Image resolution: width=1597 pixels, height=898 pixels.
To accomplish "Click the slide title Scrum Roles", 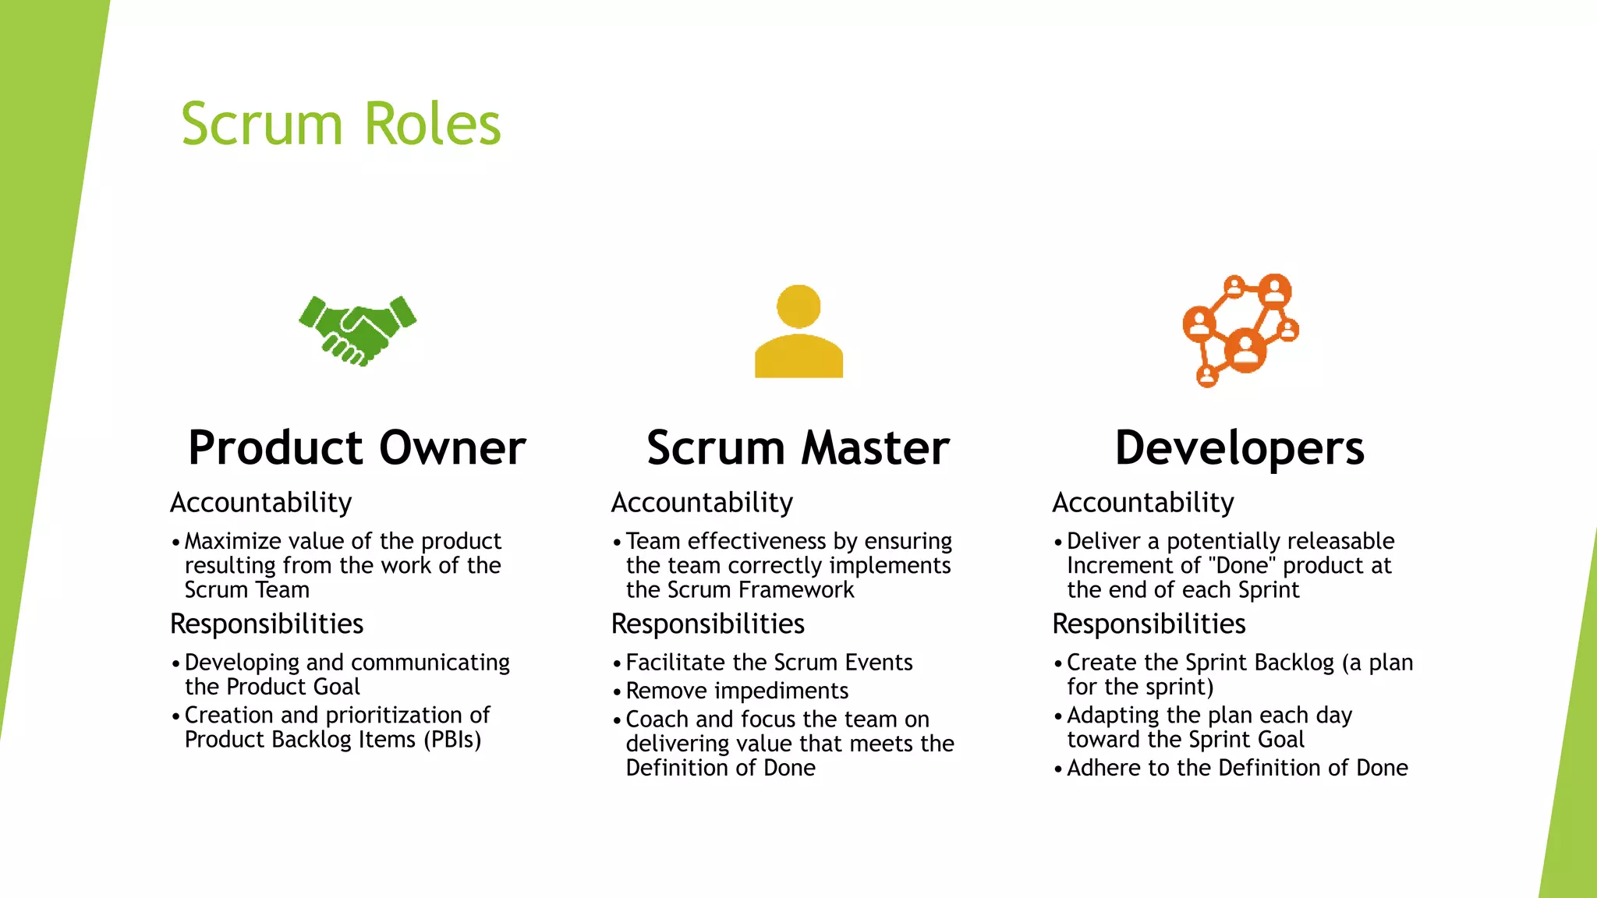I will tap(341, 124).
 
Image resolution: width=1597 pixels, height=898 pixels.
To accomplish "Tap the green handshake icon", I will tap(358, 331).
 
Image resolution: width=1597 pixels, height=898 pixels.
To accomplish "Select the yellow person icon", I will tap(798, 332).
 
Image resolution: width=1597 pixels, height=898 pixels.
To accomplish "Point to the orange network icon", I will tap(1241, 330).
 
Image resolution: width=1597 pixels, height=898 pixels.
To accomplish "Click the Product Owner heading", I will tap(357, 448).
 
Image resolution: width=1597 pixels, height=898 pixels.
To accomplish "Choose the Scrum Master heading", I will tap(798, 448).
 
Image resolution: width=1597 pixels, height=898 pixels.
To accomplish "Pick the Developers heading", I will tap(1240, 448).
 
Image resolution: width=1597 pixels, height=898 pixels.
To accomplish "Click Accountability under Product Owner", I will tap(260, 503).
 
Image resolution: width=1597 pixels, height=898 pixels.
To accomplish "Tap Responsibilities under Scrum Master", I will tap(707, 624).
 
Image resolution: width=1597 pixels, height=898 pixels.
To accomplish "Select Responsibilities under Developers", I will tap(1149, 624).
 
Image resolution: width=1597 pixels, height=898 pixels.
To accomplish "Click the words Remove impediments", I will tap(737, 691).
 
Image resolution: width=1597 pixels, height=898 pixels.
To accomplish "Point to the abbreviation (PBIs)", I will tap(452, 739).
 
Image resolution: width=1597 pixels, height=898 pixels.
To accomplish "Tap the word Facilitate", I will tap(675, 662).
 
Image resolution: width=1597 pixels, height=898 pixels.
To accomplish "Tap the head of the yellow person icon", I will tap(798, 306).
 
